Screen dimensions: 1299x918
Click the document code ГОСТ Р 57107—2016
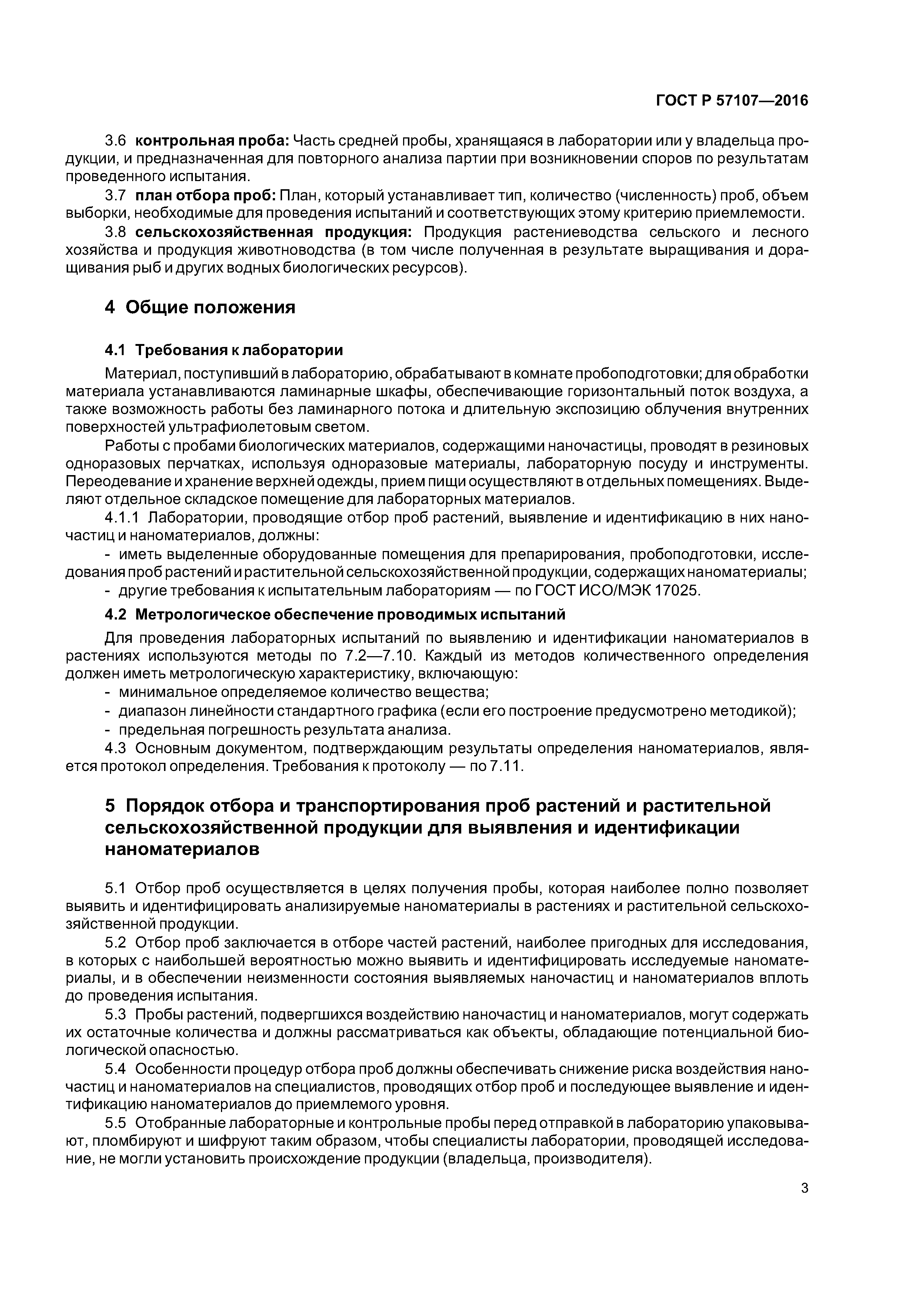tap(731, 101)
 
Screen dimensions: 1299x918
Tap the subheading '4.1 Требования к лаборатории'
tap(224, 350)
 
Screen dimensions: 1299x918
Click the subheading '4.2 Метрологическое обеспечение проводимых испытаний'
tap(335, 614)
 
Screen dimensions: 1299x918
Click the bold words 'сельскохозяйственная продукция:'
tap(274, 232)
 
